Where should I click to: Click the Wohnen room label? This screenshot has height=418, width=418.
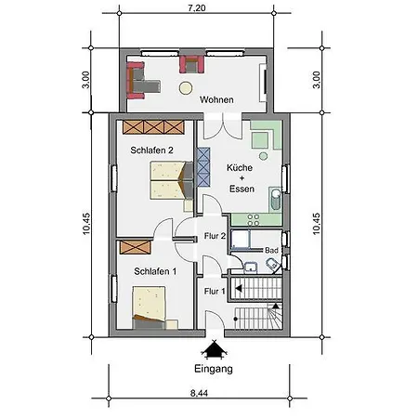click(x=216, y=99)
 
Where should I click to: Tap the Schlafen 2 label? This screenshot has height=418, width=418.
click(x=151, y=150)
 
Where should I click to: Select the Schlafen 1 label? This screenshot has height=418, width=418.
click(x=155, y=271)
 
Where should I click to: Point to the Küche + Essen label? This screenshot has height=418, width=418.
click(x=241, y=178)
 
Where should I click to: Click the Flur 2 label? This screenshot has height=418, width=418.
click(x=215, y=236)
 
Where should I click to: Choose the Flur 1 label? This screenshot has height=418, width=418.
click(x=215, y=291)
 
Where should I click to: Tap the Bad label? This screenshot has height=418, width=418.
click(x=271, y=250)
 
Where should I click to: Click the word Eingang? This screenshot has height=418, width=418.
click(x=214, y=369)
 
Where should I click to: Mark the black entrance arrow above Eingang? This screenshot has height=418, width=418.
click(x=214, y=349)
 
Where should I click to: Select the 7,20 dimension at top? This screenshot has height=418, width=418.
click(x=197, y=7)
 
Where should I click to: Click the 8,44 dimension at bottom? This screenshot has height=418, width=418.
click(x=199, y=393)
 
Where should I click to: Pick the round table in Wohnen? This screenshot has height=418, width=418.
click(x=186, y=88)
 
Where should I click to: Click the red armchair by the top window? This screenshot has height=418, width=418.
click(x=192, y=64)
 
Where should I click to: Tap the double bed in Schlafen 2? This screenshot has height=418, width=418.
click(x=172, y=180)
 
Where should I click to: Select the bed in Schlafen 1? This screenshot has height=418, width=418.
click(x=149, y=307)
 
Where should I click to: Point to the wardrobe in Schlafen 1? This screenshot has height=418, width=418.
click(x=136, y=247)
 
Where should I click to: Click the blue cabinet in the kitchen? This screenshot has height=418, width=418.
click(x=203, y=167)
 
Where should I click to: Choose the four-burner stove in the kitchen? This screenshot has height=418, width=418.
click(x=254, y=219)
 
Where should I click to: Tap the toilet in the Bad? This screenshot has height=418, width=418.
click(x=272, y=265)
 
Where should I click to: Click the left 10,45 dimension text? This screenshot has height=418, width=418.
click(x=86, y=224)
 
